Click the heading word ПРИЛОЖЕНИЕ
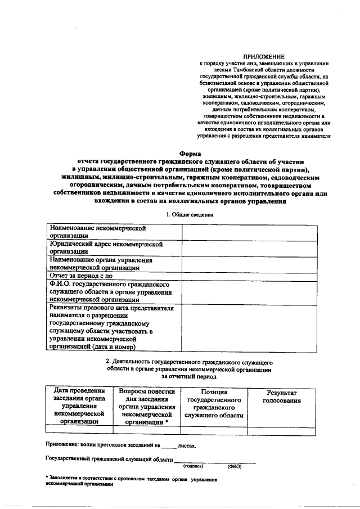(x=263, y=57)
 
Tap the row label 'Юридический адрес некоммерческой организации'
(x=106, y=248)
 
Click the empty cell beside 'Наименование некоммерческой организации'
(x=247, y=232)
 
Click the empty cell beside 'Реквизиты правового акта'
(x=247, y=328)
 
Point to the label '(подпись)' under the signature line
(x=193, y=466)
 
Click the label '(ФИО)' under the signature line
(x=235, y=466)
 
